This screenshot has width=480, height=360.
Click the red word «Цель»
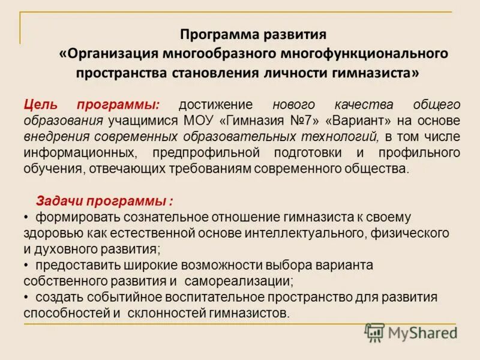[41, 104]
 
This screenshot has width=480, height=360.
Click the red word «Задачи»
[60, 200]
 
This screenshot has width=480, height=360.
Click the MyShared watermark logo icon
[375, 332]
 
